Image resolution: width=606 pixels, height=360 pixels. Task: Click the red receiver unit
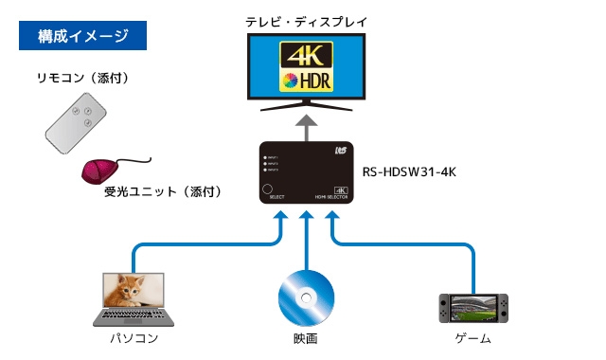[x=99, y=171]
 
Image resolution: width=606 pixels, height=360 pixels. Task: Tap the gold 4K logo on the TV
[x=304, y=53]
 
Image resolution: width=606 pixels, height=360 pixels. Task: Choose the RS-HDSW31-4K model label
[x=410, y=172]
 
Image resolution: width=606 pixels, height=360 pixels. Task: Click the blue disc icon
[x=306, y=297]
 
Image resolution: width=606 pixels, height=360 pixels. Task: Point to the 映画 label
[x=306, y=338]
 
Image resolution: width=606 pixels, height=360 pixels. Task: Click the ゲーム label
[x=470, y=338]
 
